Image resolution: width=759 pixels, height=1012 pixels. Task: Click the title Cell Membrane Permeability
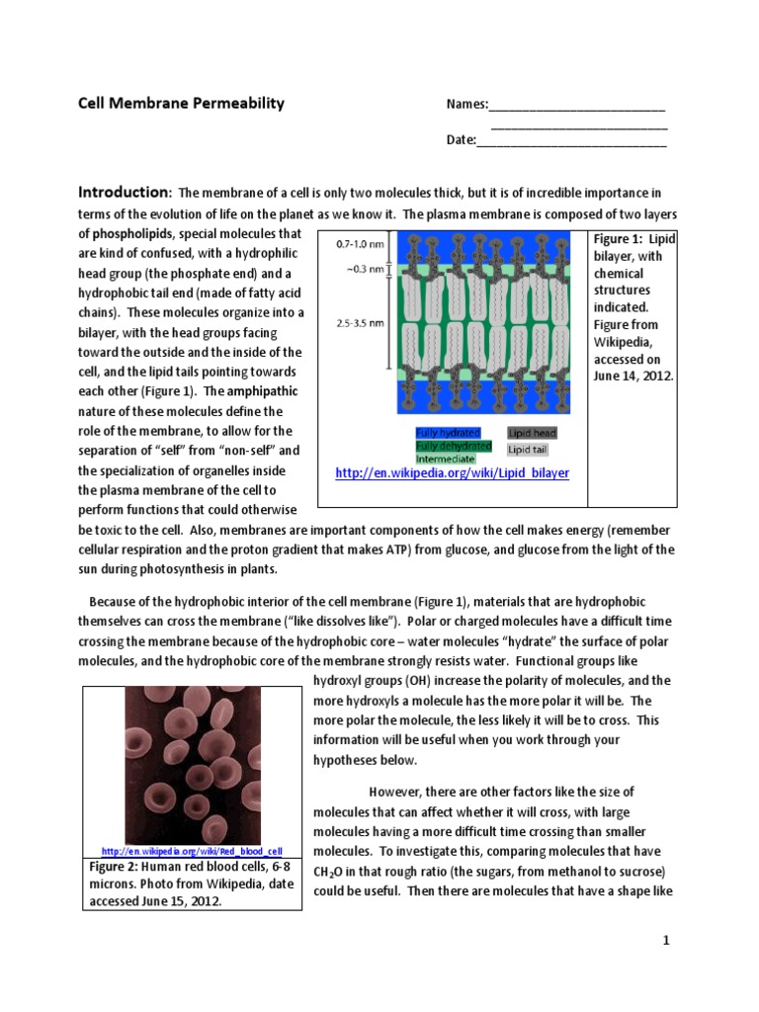pos(181,104)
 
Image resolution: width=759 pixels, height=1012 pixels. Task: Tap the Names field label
pos(467,105)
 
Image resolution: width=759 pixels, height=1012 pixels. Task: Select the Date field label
pos(461,139)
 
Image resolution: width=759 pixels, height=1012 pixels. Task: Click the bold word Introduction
pos(125,192)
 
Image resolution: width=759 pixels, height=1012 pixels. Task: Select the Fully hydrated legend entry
pos(448,433)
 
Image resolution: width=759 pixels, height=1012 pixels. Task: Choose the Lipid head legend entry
pos(533,433)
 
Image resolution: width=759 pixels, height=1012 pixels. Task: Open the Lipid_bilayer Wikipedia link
pos(453,473)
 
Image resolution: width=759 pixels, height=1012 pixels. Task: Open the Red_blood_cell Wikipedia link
pos(192,851)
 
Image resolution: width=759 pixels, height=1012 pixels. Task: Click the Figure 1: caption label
pos(619,239)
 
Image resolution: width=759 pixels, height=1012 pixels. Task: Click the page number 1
pos(666,941)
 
